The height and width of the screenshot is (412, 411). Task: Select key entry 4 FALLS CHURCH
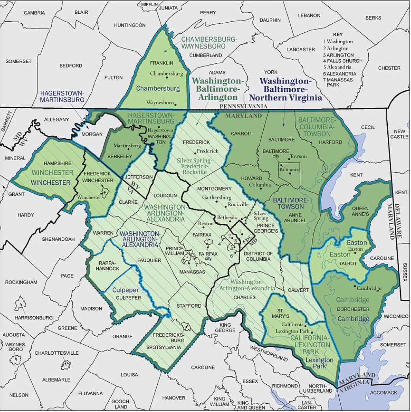tap(343, 61)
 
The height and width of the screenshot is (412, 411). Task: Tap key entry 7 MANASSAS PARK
tap(341, 82)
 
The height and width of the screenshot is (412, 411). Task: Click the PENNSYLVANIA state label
tap(243, 107)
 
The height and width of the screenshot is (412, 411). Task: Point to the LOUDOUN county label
tap(166, 195)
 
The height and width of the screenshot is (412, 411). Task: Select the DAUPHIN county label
tap(270, 20)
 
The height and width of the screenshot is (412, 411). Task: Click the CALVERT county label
tap(298, 290)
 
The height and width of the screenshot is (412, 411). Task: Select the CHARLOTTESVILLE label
tap(57, 353)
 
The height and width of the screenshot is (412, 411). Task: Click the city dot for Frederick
tap(195, 152)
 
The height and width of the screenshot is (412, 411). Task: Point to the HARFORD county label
tap(331, 142)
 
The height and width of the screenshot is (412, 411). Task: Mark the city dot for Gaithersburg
tap(216, 201)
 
